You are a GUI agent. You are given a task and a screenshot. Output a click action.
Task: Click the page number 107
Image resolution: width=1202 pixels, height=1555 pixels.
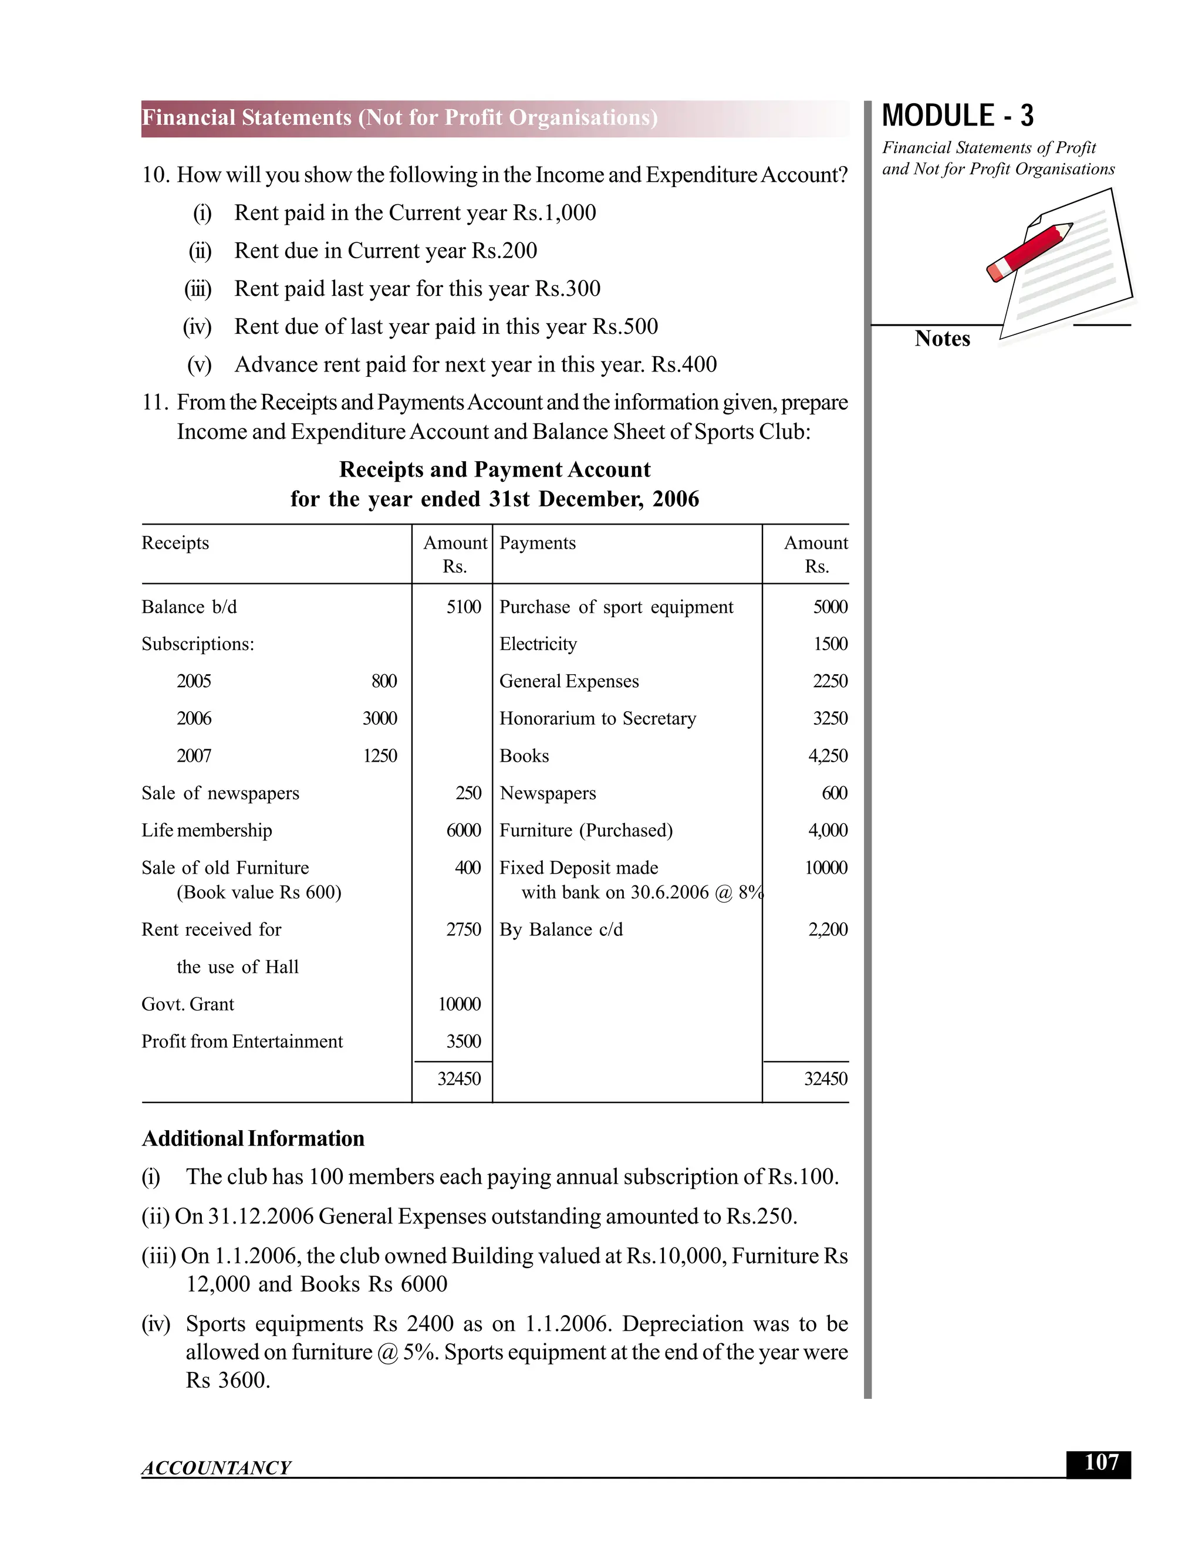pyautogui.click(x=1100, y=1463)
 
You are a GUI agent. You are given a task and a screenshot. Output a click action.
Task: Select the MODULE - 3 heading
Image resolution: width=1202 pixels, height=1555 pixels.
pyautogui.click(x=958, y=116)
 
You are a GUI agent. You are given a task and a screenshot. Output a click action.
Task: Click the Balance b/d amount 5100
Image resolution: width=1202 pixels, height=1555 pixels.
pyautogui.click(x=464, y=607)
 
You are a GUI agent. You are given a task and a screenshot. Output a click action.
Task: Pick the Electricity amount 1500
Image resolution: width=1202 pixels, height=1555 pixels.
pyautogui.click(x=830, y=644)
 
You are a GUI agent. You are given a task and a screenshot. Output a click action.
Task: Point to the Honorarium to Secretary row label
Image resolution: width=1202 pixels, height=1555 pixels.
pyautogui.click(x=597, y=718)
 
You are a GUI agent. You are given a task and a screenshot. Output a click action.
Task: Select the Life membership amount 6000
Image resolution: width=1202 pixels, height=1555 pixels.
pyautogui.click(x=464, y=830)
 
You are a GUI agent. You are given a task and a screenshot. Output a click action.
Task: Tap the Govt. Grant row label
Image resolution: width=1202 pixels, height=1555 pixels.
pyautogui.click(x=187, y=1004)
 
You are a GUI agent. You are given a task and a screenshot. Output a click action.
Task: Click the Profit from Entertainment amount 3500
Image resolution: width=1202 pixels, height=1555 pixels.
pyautogui.click(x=464, y=1041)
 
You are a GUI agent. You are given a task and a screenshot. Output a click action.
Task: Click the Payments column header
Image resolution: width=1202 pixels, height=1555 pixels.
pyautogui.click(x=538, y=543)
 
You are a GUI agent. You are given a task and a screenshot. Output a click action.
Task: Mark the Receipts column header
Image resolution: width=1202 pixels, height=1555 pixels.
pyautogui.click(x=175, y=543)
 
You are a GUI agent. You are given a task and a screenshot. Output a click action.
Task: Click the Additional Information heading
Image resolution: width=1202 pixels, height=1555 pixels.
pyautogui.click(x=253, y=1138)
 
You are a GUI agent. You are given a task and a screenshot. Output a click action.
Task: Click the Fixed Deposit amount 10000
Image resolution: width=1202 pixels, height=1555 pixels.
pyautogui.click(x=826, y=867)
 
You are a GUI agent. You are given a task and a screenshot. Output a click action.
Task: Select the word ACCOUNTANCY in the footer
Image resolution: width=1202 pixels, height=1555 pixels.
pyautogui.click(x=216, y=1468)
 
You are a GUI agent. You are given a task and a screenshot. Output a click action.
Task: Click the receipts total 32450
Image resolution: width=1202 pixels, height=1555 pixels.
pyautogui.click(x=460, y=1079)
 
